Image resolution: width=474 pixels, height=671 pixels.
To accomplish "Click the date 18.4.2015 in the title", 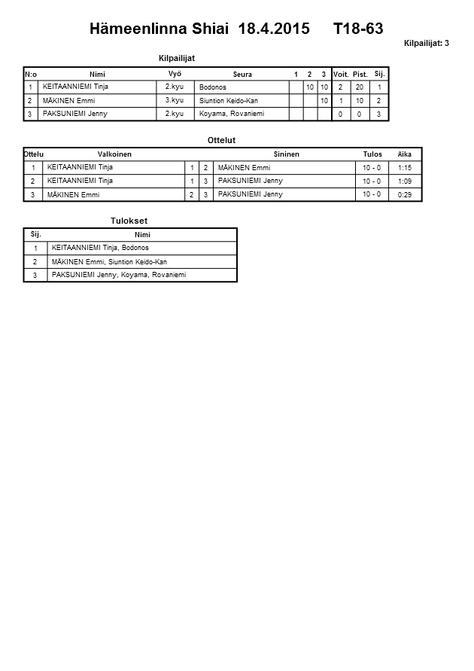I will (273, 29).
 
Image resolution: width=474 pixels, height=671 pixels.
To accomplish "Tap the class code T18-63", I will (358, 29).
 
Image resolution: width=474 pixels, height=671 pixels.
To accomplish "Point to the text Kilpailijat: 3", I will (426, 44).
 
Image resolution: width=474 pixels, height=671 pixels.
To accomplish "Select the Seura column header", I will (242, 74).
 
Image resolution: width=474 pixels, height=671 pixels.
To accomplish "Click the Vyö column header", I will (175, 73).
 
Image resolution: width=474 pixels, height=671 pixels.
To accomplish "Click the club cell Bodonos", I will (213, 87).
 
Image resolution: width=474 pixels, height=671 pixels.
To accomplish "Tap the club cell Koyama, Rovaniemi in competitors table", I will (232, 114).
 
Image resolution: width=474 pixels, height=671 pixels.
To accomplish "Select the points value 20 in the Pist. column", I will (360, 87).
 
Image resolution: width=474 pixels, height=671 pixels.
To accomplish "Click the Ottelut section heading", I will (220, 140).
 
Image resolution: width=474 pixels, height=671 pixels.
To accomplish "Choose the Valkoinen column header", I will (114, 154).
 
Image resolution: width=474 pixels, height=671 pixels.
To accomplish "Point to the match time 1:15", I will (404, 167).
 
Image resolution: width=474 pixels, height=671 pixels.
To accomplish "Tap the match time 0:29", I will (404, 194).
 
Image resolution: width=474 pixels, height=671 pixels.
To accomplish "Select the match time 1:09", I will (404, 181).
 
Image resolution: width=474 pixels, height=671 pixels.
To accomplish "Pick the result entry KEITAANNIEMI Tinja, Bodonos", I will (100, 248).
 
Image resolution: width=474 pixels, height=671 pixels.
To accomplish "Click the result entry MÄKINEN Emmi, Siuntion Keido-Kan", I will (109, 261).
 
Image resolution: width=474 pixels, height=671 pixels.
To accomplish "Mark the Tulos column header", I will (372, 154).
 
